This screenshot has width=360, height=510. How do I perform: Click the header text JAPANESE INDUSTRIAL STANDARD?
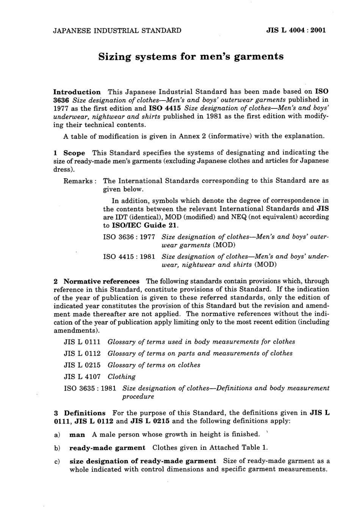point(117,31)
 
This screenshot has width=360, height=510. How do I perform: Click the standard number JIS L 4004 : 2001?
point(296,31)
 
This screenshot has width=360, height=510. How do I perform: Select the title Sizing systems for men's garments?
point(191,57)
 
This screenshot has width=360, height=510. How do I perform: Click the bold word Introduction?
point(77,92)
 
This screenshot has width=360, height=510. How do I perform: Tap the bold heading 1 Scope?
point(70,153)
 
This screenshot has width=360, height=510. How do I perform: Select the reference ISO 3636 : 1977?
point(129,237)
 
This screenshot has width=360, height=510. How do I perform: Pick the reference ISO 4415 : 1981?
point(129,257)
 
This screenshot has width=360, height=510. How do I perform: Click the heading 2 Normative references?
point(97,281)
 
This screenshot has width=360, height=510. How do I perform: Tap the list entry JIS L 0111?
point(82,342)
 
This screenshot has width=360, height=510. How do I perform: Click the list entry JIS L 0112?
point(82,353)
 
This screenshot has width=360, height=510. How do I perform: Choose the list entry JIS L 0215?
point(82,365)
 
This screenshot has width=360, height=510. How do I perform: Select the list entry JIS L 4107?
point(82,377)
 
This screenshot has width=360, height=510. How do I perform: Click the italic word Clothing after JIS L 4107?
point(121,377)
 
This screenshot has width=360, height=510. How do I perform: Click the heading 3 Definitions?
point(80,413)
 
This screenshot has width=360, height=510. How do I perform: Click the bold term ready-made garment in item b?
point(107,448)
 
